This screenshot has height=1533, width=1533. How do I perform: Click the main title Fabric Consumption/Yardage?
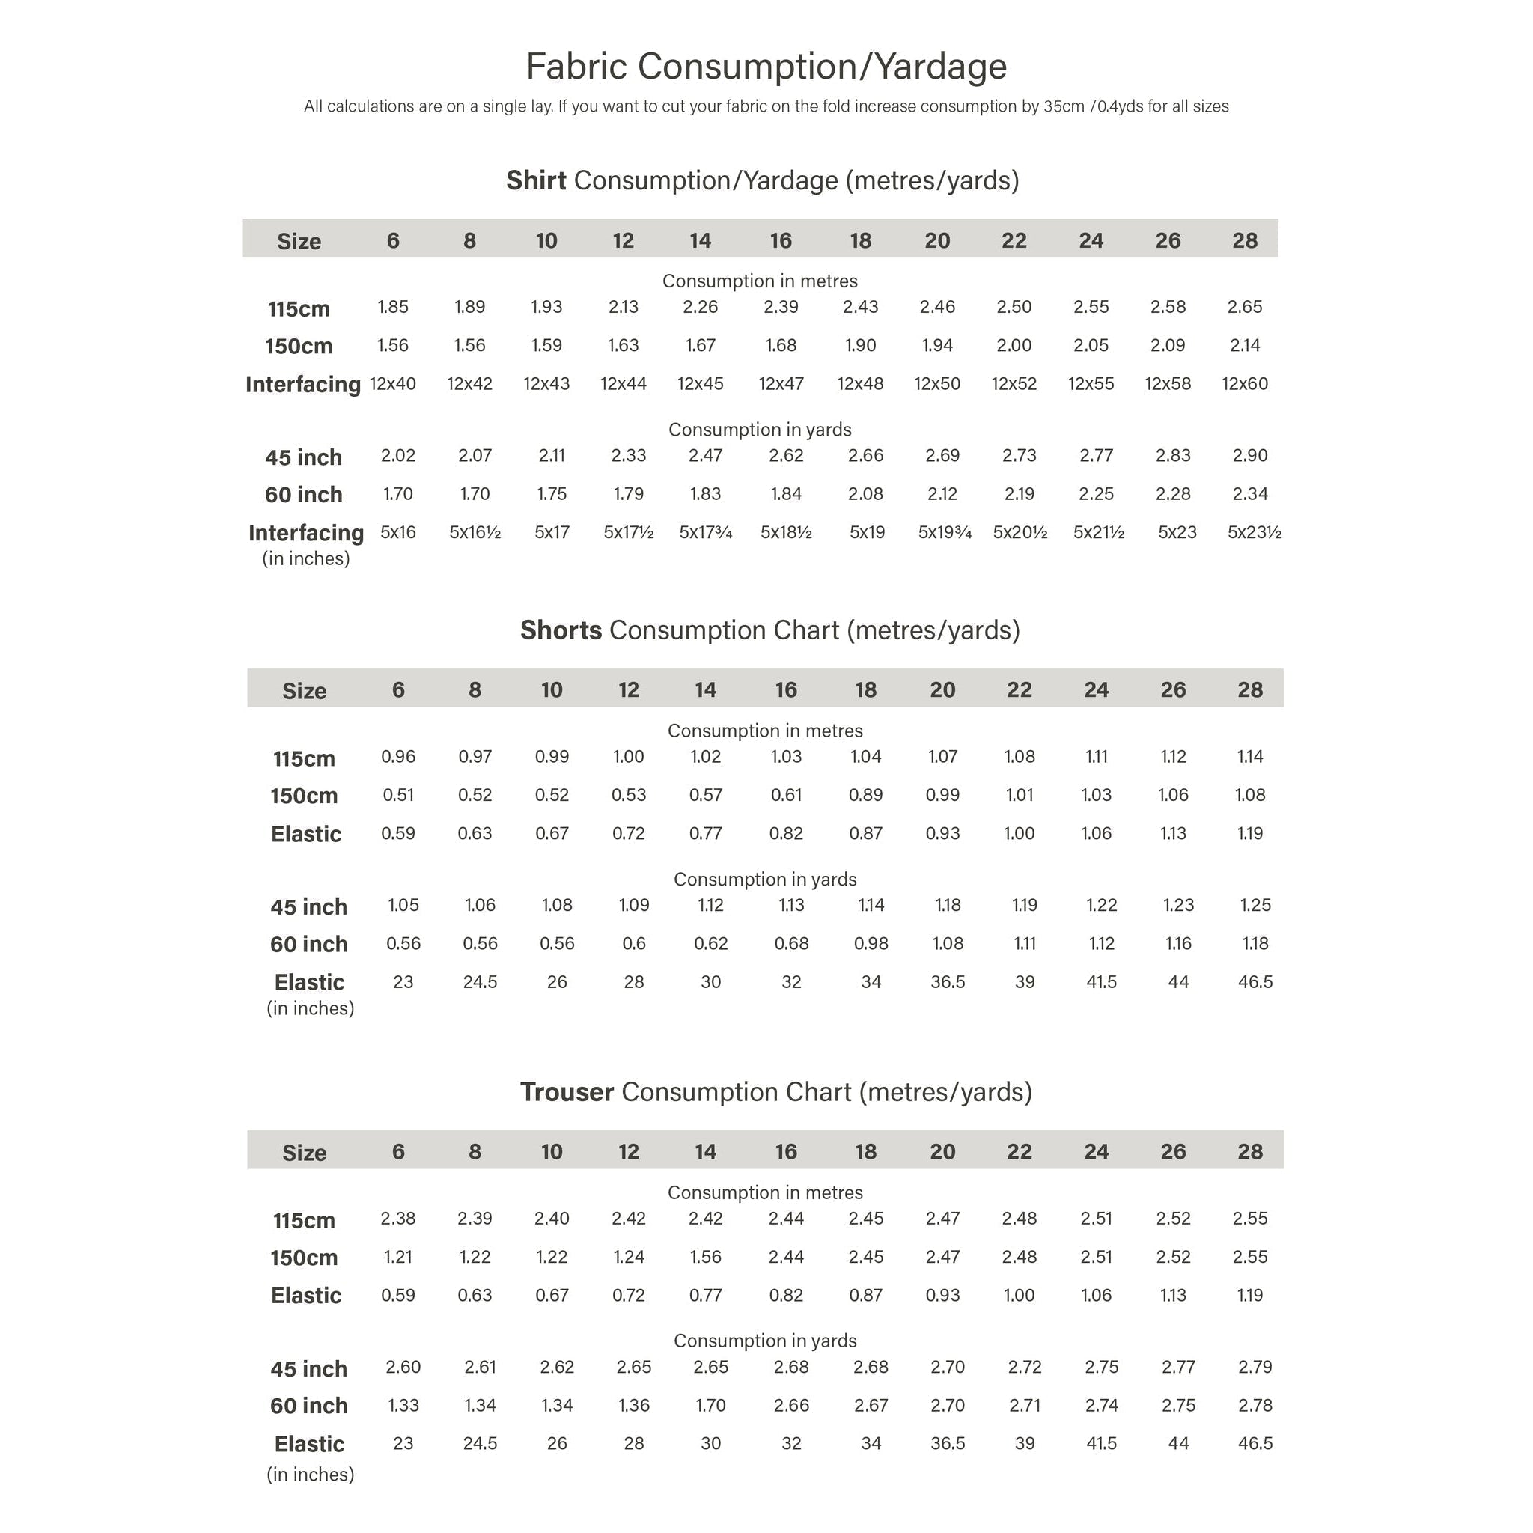(x=766, y=66)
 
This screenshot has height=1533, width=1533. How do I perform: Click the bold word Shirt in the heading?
(x=537, y=180)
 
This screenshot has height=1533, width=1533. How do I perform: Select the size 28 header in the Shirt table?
(x=1244, y=240)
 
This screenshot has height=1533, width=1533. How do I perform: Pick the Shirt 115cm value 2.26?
(x=700, y=306)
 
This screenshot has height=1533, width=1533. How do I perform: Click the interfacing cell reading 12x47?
(x=781, y=383)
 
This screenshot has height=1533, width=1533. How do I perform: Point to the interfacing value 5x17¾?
(x=705, y=531)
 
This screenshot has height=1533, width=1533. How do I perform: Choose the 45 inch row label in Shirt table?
(x=303, y=457)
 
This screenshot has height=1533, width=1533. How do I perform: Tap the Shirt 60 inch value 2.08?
(x=865, y=493)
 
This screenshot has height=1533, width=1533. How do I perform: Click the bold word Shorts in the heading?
(x=561, y=630)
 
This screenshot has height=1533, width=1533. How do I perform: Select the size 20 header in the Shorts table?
(x=942, y=689)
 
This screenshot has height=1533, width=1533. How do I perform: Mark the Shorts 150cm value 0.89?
(x=865, y=794)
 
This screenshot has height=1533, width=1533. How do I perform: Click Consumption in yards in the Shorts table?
(x=765, y=880)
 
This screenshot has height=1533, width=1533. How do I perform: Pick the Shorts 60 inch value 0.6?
(x=633, y=943)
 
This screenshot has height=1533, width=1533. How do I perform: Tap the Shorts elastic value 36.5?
(x=948, y=981)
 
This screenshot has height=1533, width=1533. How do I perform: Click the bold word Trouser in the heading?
(x=567, y=1092)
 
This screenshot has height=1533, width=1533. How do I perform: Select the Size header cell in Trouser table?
(x=304, y=1152)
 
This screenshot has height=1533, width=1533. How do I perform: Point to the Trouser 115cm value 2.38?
(x=397, y=1218)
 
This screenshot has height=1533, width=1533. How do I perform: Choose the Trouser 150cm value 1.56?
(x=704, y=1256)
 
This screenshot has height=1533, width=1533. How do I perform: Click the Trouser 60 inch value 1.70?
(x=710, y=1405)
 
